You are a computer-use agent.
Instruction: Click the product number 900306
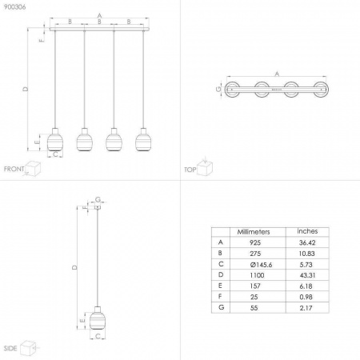point(15,7)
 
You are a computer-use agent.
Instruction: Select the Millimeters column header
point(254,232)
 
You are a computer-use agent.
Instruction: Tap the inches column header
point(307,231)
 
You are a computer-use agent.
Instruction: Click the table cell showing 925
point(255,242)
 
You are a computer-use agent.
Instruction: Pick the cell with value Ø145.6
point(261,265)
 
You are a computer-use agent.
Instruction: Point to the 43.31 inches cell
point(307,275)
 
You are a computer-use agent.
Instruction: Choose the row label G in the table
point(221,307)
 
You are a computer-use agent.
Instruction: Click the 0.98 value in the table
point(306,297)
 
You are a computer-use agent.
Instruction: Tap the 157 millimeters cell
point(255,286)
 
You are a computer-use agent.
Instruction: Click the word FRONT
point(14,169)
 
